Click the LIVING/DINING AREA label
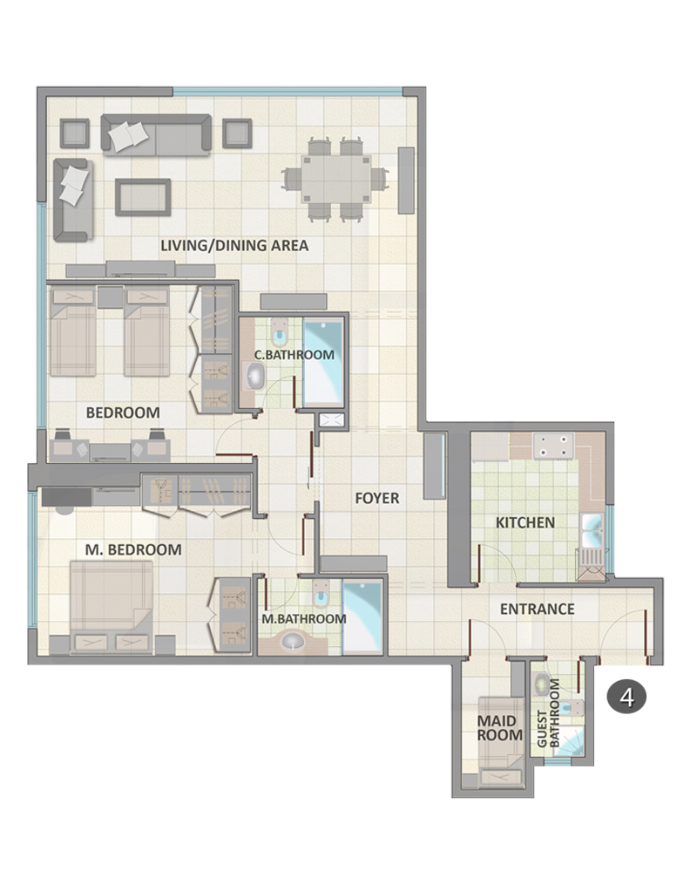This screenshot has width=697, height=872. coord(234,245)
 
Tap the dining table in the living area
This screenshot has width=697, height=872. coord(335,179)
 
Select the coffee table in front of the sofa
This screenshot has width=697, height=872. coord(143,197)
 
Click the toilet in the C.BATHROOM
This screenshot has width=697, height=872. coord(279,331)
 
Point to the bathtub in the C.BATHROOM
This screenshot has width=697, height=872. coord(323,363)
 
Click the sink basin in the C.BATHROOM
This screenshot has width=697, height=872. coord(255,377)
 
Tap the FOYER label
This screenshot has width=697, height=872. coord(377,498)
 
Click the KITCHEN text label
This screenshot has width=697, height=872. coord(524,522)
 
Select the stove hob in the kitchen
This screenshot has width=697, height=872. coord(553,446)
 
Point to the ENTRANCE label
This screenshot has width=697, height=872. coord(537,609)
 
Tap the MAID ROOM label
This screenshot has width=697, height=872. coord(500,728)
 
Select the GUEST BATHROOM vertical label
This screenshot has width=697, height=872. coord(547,712)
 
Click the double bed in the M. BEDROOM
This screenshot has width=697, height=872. coord(112,606)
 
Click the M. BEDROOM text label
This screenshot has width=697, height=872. coord(132,549)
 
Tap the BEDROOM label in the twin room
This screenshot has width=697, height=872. coord(123,412)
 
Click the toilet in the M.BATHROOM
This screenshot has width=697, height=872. coord(321,594)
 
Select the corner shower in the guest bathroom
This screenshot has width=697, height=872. coord(571,740)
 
